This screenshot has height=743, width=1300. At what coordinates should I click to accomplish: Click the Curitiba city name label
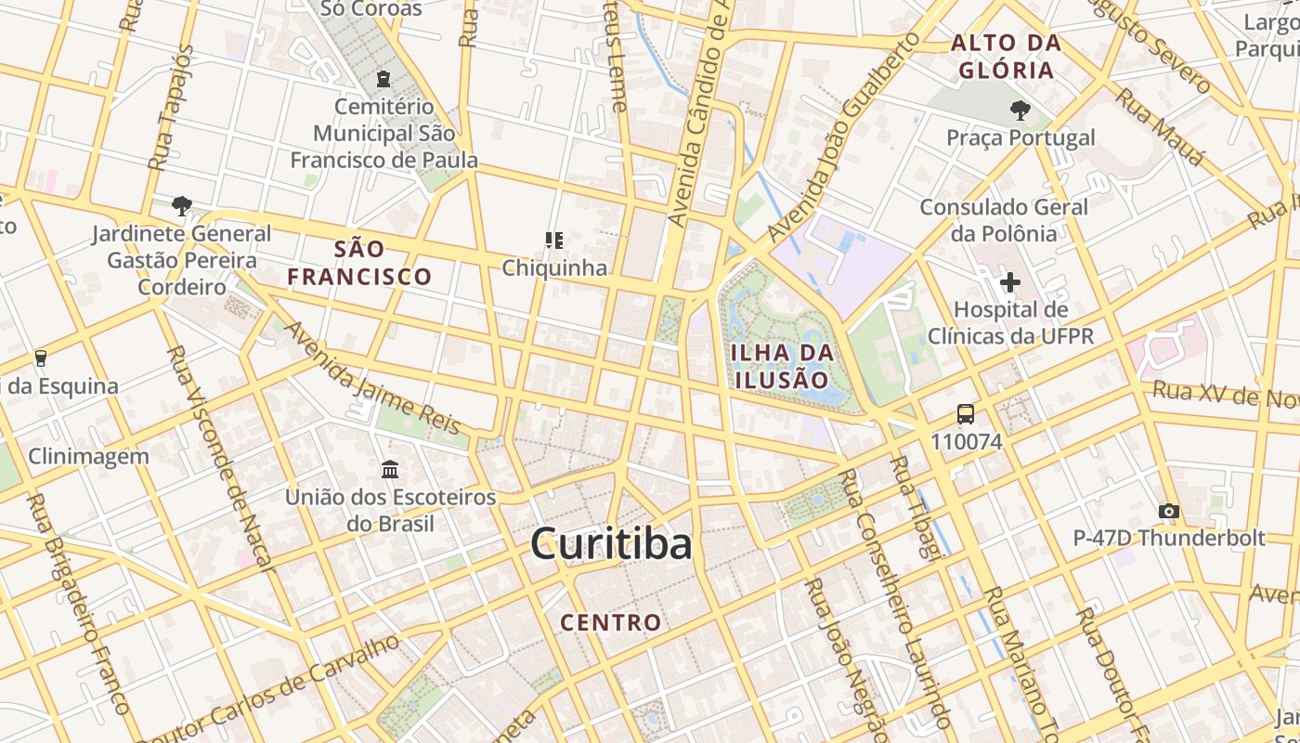tap(611, 544)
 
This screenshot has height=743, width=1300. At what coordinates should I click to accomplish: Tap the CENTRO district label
tap(611, 622)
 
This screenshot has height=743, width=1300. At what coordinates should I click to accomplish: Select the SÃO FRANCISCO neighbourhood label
tap(359, 263)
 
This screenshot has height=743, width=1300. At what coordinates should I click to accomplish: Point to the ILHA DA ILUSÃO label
tap(782, 366)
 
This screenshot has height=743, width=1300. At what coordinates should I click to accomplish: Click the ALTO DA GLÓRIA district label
tap(1007, 57)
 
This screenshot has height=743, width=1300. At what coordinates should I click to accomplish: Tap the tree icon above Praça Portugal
tap(1020, 111)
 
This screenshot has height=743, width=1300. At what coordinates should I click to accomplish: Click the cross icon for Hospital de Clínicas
tap(1010, 281)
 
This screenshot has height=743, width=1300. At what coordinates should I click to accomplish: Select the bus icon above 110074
tap(966, 414)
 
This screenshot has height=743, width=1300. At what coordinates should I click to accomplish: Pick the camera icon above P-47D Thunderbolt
tap(1169, 511)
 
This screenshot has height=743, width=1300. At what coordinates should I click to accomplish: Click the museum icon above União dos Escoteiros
tap(390, 469)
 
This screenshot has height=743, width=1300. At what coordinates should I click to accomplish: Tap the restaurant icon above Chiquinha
tap(554, 241)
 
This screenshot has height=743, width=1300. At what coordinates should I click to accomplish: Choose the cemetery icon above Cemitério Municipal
tap(383, 80)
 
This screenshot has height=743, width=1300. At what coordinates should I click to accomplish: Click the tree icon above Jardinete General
tap(182, 205)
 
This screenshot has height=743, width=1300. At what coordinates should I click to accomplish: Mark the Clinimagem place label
tap(88, 456)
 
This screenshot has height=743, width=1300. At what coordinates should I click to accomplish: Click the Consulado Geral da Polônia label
tap(1004, 220)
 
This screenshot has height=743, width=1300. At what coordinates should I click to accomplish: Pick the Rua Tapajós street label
tap(172, 107)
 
